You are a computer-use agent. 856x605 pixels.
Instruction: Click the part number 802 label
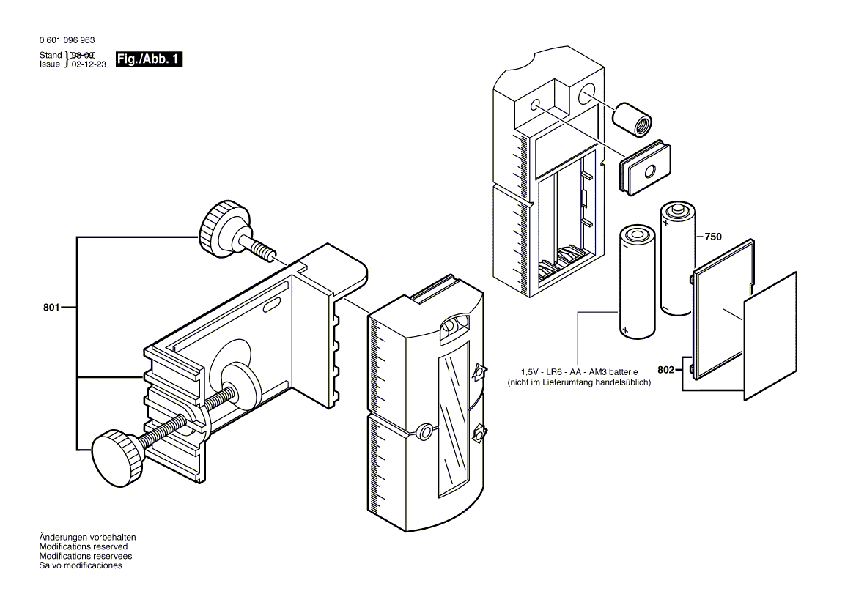665,371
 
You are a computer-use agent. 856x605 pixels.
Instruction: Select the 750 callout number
712,237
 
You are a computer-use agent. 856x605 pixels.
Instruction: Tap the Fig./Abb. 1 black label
149,59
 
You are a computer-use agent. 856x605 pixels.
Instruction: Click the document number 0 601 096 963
67,41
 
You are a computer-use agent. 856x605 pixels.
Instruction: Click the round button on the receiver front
424,431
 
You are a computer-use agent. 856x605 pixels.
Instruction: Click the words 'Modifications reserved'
83,546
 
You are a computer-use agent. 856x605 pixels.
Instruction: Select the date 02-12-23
87,64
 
